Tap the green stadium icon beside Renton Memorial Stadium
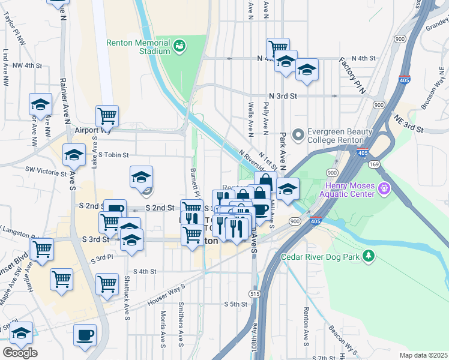pyautogui.click(x=179, y=46)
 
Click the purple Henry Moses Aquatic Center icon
pyautogui.click(x=385, y=190)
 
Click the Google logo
pyautogui.click(x=20, y=353)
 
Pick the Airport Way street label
pyautogui.click(x=91, y=130)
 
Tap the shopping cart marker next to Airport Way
pyautogui.click(x=107, y=115)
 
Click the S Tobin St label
pyautogui.click(x=113, y=155)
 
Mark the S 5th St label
pyautogui.click(x=235, y=304)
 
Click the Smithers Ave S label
pyautogui.click(x=179, y=323)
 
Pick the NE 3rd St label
pyautogui.click(x=408, y=124)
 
